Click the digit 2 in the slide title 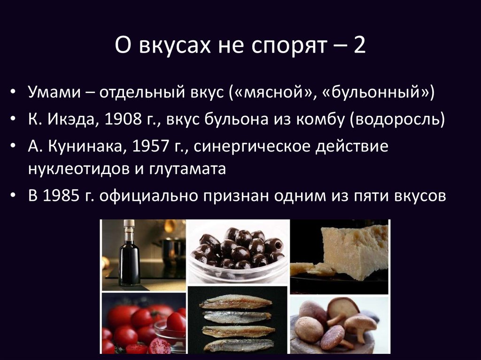click(360, 47)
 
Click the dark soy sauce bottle click(129, 258)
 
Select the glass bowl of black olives click(238, 256)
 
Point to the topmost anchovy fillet click(236, 301)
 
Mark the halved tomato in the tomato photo click(159, 346)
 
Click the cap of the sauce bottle click(129, 224)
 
